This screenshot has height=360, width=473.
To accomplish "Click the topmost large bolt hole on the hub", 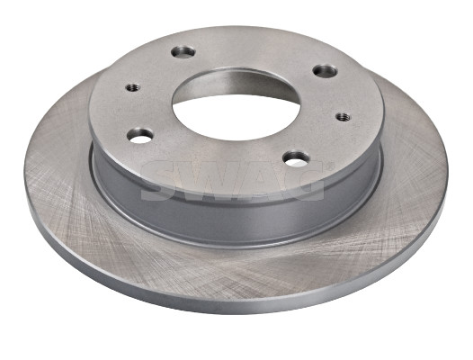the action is tap(183, 51).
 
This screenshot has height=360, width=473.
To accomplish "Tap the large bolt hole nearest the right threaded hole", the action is tap(325, 71).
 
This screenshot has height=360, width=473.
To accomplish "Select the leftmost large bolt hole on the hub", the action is tap(140, 136).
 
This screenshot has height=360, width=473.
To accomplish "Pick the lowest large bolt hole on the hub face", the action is tap(297, 159).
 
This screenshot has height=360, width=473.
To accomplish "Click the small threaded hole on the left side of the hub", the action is tap(133, 87).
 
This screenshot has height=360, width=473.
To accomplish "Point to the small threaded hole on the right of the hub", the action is tap(344, 117).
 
